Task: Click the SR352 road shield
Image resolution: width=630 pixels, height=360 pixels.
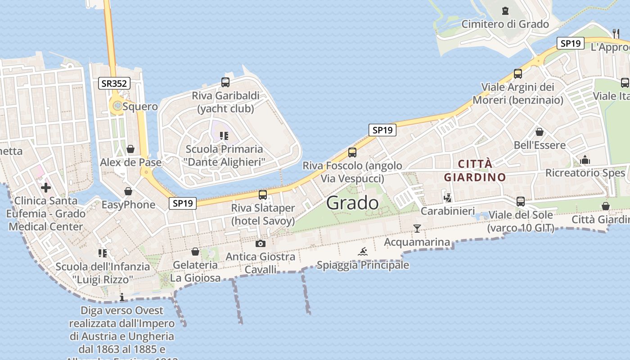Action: click(114, 83)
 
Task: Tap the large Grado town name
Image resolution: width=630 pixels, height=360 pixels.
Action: click(352, 203)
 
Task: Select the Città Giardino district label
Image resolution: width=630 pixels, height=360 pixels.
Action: click(475, 171)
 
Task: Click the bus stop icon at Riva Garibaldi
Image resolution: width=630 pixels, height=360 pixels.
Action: click(225, 82)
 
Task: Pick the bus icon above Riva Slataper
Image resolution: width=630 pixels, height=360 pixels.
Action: click(263, 195)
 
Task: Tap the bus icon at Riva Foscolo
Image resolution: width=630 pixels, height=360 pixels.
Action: click(352, 153)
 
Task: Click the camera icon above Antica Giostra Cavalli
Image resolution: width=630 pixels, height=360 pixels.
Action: click(260, 244)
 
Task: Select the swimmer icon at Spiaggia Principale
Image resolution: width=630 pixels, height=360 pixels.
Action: click(363, 252)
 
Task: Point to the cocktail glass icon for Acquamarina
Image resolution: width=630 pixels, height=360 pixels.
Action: click(417, 229)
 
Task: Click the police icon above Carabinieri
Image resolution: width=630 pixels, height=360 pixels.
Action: click(448, 198)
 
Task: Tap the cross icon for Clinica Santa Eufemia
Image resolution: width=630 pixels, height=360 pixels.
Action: click(46, 188)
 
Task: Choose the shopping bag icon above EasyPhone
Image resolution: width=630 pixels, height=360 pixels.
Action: click(128, 192)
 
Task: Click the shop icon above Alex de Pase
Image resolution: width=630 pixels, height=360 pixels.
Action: click(130, 149)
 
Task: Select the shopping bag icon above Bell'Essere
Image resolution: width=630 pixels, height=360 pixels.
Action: click(539, 132)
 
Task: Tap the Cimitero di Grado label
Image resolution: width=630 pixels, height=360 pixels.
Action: click(505, 24)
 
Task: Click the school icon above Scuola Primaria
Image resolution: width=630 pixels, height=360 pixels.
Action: click(224, 135)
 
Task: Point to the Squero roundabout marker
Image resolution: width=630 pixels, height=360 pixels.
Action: click(117, 106)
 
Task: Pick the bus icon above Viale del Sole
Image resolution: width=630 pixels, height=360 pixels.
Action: click(521, 201)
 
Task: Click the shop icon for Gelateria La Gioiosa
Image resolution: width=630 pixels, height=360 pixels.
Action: click(195, 252)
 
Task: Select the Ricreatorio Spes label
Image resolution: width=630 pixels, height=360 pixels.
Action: click(585, 173)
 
